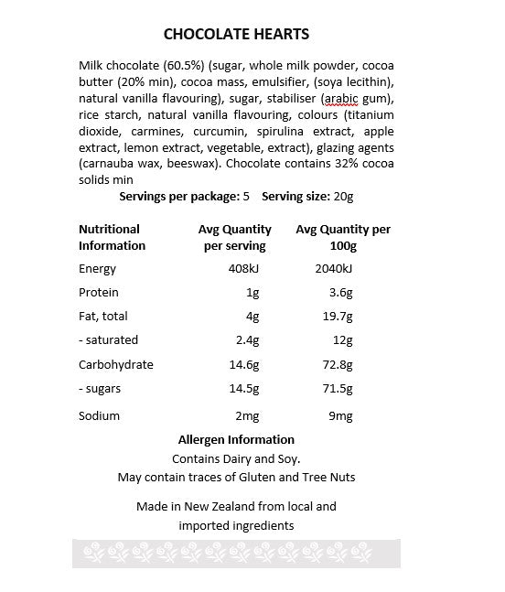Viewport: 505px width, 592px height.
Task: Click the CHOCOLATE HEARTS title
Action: [x=236, y=34]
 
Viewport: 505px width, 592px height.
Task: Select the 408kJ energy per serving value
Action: [x=242, y=268]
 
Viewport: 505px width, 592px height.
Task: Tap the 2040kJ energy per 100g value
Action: [x=333, y=268]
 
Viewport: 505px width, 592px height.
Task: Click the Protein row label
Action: [x=99, y=293]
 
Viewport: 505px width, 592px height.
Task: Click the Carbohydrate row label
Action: [x=116, y=364]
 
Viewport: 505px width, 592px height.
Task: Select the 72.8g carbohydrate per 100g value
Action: [x=336, y=364]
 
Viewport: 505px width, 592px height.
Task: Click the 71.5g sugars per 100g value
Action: [x=336, y=389]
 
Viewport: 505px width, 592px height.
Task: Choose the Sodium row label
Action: [x=99, y=415]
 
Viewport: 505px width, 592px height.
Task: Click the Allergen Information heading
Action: [x=236, y=439]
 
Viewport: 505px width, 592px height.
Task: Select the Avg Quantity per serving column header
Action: [x=235, y=237]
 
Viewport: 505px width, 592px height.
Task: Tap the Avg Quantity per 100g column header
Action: [x=343, y=237]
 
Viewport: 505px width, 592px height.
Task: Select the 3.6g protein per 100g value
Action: [x=339, y=293]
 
